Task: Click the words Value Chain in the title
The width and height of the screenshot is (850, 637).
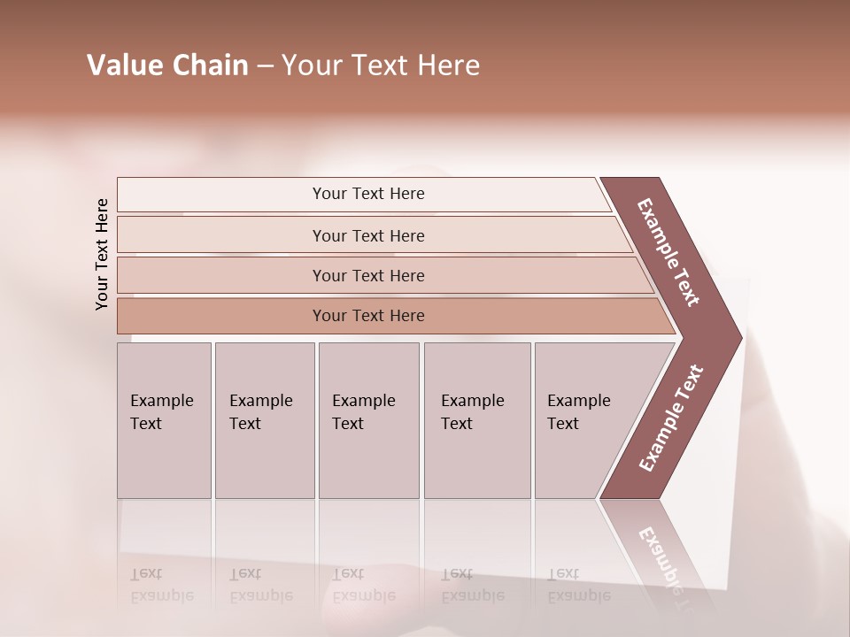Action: pos(167,65)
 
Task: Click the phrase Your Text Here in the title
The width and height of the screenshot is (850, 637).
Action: pos(381,65)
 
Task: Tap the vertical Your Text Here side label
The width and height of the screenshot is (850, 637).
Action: pos(102,254)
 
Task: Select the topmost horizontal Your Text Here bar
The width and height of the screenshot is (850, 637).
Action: pos(367,194)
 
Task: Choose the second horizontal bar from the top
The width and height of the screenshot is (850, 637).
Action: pos(367,235)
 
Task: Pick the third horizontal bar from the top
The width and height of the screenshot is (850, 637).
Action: pos(367,275)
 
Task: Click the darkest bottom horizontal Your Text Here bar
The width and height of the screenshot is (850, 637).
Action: pos(367,316)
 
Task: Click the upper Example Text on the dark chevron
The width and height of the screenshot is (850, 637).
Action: pos(668,252)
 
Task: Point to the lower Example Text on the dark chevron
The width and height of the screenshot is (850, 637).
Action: pos(670,418)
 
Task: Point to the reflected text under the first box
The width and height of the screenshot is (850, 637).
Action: pos(161,586)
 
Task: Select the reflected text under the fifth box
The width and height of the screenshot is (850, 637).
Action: pos(578,586)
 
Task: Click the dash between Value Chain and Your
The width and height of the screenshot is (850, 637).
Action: pos(265,67)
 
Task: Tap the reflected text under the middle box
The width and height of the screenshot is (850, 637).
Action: pos(363,586)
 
